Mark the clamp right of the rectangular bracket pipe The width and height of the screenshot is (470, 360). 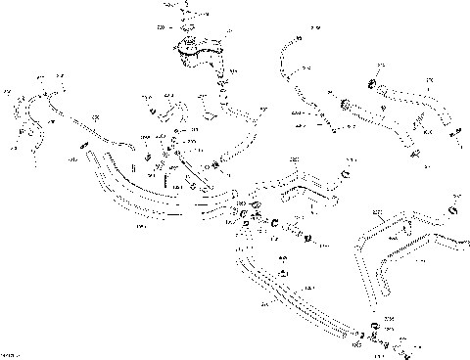click(345, 173)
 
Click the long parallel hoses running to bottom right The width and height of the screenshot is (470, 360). click(294, 293)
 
